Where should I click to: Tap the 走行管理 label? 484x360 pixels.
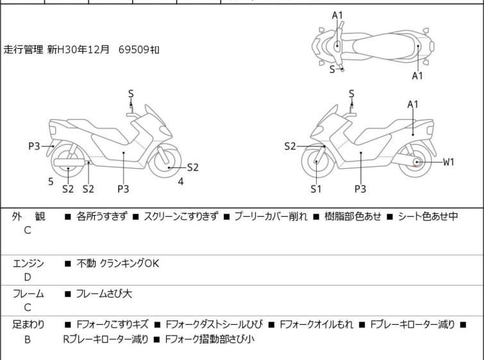(x=24, y=49)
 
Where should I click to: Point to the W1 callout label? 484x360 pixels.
(x=448, y=162)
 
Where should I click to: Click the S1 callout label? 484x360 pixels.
(x=315, y=189)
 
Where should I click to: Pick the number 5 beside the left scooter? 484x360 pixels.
(x=51, y=182)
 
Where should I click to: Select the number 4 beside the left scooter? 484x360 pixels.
(x=181, y=182)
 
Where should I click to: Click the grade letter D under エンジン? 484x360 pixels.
(x=28, y=277)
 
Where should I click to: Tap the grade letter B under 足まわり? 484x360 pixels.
(x=28, y=339)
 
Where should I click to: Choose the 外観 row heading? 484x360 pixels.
(x=28, y=217)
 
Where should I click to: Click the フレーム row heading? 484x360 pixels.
(x=28, y=294)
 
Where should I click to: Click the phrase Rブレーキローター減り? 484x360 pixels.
(x=106, y=339)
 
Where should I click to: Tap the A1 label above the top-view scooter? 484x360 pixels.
(x=338, y=15)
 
